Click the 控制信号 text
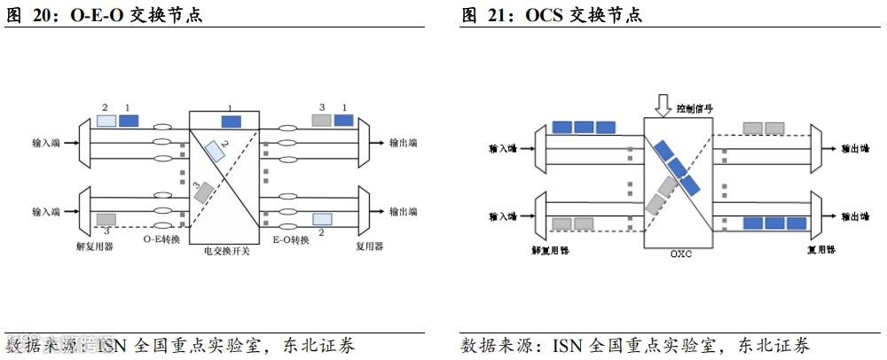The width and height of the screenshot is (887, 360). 695,108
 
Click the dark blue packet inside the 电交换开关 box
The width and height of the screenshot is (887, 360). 231,121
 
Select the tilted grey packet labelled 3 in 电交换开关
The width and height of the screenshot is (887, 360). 204,192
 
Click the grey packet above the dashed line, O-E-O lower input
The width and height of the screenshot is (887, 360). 106,218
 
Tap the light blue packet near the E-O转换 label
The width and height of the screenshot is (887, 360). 321,218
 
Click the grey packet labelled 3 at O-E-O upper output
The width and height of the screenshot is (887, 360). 321,120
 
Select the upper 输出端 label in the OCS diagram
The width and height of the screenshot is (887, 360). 855,148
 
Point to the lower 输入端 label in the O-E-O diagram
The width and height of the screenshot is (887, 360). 45,212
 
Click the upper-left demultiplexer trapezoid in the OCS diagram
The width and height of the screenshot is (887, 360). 538,148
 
